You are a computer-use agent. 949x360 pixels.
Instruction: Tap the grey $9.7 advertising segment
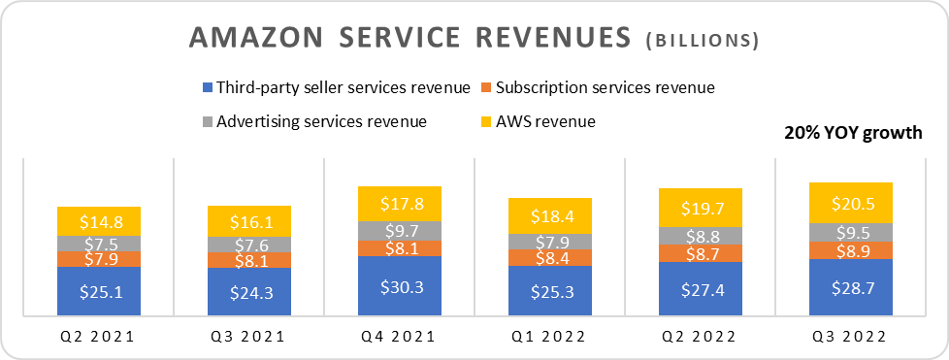tap(399, 231)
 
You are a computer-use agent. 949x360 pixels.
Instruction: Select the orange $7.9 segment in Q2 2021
tap(99, 259)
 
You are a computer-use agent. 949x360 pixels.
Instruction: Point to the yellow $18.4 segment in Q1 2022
tap(549, 215)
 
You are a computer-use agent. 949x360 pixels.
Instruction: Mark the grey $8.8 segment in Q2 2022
tap(700, 235)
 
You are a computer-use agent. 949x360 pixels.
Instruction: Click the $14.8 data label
tap(99, 221)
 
